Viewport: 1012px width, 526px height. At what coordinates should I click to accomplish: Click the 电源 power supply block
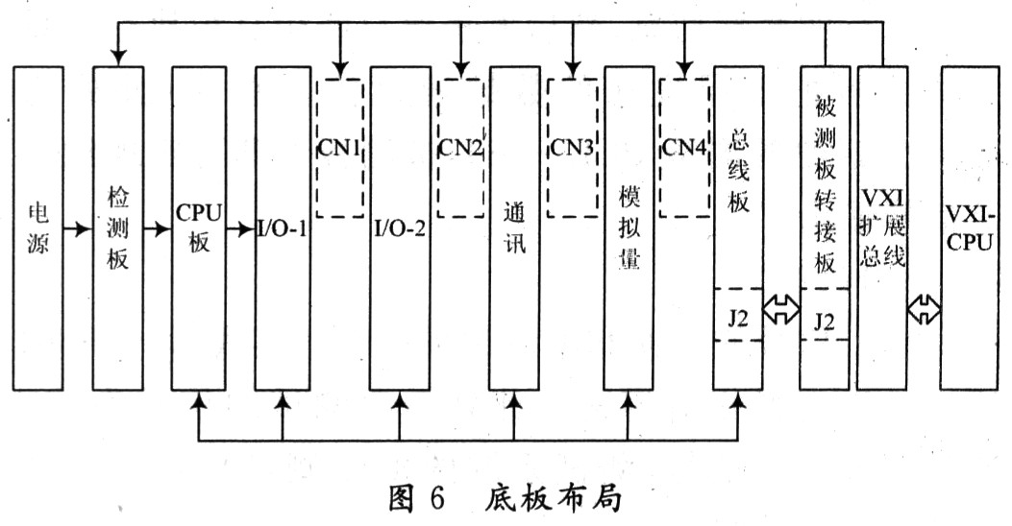click(38, 228)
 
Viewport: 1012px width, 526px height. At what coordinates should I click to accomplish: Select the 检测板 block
click(118, 228)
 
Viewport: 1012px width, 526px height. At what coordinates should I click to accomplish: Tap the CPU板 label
click(200, 227)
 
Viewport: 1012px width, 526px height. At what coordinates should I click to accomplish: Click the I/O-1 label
click(282, 228)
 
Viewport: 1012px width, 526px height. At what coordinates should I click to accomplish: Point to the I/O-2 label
click(400, 228)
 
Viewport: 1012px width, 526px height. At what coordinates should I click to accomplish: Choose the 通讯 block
click(514, 228)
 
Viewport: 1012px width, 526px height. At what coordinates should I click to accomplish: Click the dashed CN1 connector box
click(339, 148)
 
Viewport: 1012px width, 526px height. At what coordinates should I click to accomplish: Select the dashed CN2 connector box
click(460, 148)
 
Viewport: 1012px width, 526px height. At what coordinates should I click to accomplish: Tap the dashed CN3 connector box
click(572, 148)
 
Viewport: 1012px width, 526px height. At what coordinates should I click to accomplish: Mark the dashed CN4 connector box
click(684, 148)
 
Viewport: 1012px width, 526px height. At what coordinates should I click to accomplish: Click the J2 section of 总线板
click(738, 315)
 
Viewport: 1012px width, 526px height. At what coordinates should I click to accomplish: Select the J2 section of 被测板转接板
click(825, 315)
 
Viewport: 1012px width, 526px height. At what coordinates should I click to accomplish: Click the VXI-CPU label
click(970, 227)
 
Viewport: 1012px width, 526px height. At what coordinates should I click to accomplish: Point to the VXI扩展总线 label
click(882, 227)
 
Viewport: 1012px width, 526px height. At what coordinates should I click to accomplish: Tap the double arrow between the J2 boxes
click(781, 311)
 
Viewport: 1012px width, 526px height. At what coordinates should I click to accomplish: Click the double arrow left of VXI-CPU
click(924, 310)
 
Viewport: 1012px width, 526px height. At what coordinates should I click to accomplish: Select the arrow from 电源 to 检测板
click(78, 228)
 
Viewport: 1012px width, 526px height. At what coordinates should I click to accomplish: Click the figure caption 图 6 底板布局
click(506, 497)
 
